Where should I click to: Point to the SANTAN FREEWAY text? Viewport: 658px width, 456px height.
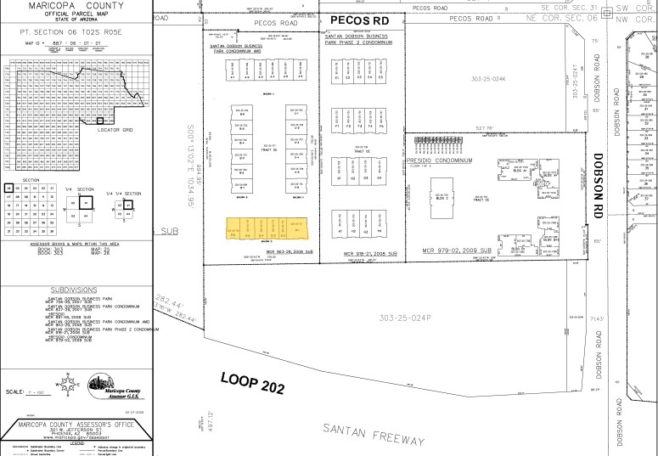click(x=373, y=425)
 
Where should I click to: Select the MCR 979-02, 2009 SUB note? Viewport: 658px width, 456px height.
click(x=457, y=251)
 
